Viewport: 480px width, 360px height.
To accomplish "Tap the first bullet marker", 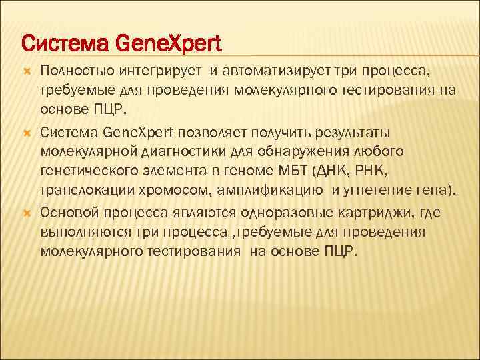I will point(27,71).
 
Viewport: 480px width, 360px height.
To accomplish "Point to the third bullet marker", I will point(27,214).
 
